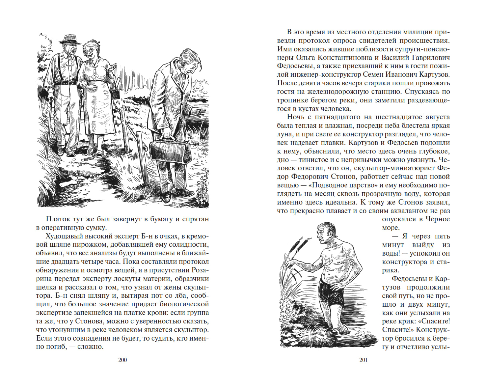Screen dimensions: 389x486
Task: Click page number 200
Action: [122, 360]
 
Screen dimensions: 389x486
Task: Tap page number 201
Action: [363, 360]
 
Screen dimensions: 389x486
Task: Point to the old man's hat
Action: [70, 39]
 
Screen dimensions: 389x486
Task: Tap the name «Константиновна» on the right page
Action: [342, 57]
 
